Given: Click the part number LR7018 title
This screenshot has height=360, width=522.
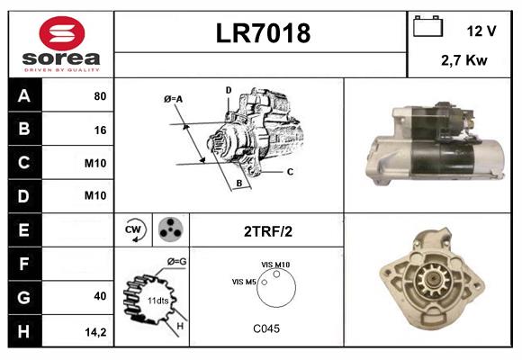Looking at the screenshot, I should (262, 33).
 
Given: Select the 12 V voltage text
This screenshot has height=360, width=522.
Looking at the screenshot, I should (481, 31).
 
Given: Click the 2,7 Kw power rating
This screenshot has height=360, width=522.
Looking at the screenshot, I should (463, 60).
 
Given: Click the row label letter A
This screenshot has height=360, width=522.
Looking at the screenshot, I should (23, 95).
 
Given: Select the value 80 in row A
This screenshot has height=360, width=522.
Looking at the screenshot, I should (100, 95).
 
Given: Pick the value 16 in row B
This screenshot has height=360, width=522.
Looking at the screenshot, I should (100, 130).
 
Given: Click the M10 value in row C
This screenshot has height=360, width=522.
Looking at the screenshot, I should (96, 164).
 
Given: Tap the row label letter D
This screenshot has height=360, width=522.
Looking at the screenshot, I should (23, 196).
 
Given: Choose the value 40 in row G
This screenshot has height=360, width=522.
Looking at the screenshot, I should (100, 296).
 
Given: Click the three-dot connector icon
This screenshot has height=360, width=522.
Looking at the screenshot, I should (169, 230).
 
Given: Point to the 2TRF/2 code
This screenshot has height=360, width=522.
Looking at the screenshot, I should (266, 231).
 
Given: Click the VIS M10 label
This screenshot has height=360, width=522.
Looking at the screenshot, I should (275, 265).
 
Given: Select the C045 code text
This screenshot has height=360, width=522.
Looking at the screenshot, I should (265, 328).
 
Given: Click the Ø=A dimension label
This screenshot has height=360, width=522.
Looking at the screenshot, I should (174, 98).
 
